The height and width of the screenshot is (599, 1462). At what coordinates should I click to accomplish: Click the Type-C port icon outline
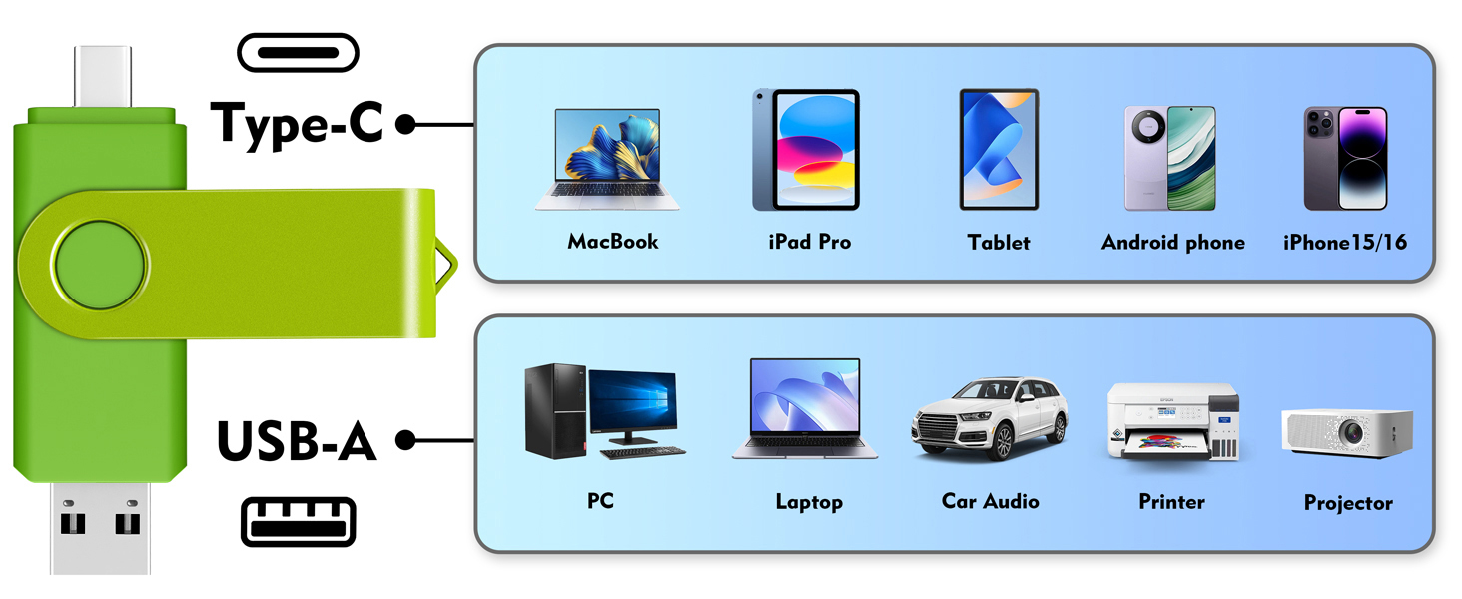[x=298, y=37]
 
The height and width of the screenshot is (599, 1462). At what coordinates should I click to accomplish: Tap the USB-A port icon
[x=299, y=522]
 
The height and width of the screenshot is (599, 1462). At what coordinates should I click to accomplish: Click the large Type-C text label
[x=298, y=124]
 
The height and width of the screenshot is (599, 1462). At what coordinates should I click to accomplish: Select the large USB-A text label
[x=297, y=441]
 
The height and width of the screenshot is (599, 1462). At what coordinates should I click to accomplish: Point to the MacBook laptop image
[x=607, y=159]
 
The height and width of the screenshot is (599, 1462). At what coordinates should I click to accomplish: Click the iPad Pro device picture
[x=806, y=150]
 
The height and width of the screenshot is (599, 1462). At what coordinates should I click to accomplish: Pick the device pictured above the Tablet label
[x=999, y=149]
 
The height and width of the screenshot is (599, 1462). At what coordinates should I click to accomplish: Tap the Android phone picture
[x=1170, y=158]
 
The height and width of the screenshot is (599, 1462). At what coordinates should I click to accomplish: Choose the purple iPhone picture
[x=1346, y=158]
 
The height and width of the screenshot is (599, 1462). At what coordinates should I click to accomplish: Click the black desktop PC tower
[x=555, y=411]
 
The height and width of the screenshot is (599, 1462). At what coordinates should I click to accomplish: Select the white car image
[x=990, y=418]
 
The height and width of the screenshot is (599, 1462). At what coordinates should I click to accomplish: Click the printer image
[x=1172, y=421]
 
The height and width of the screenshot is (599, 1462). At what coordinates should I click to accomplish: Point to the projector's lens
[x=1352, y=432]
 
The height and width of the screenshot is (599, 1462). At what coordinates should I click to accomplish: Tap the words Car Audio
[x=990, y=501]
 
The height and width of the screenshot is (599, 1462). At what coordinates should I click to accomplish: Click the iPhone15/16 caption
[x=1345, y=242]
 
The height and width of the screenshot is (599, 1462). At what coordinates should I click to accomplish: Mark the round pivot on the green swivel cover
[x=100, y=265]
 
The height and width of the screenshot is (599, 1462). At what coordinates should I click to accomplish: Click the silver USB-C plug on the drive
[x=103, y=76]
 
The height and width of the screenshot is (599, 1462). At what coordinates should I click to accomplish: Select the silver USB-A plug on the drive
[x=100, y=528]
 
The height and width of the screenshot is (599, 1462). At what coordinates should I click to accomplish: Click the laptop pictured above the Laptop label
[x=805, y=408]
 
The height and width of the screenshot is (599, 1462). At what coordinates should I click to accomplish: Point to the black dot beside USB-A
[x=406, y=440]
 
